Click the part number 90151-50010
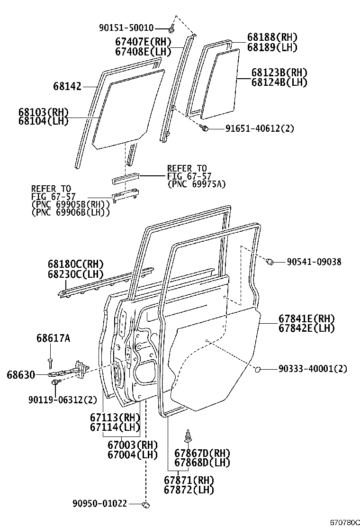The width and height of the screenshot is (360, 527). [126, 28]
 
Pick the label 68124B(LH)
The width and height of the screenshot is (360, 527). [279, 82]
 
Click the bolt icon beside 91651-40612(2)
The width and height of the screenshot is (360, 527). [205, 127]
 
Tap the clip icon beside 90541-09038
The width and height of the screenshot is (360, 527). [271, 261]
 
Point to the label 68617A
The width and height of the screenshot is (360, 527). [53, 338]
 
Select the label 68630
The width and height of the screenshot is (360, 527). [21, 375]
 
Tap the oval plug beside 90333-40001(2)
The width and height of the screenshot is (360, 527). [258, 369]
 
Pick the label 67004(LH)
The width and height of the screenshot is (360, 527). [133, 454]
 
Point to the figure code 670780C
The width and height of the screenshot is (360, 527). [345, 522]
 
